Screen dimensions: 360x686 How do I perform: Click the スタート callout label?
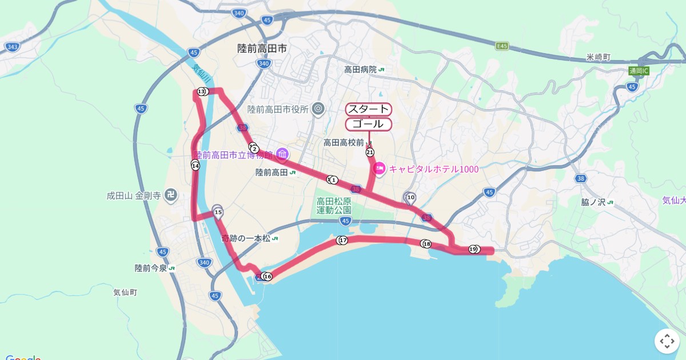[x=369, y=109]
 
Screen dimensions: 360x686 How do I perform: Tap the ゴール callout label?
[x=369, y=124]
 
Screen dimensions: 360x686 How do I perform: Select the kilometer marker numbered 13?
[x=201, y=91]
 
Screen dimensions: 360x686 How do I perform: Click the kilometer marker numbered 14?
[x=196, y=166]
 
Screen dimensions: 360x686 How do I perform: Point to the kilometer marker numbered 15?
[x=218, y=212]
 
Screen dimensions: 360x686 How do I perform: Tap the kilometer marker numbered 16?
[x=268, y=277]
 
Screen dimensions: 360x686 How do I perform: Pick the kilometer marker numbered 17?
[x=342, y=240]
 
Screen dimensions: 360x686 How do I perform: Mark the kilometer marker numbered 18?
[x=426, y=244]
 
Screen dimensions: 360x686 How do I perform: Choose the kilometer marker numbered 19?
[x=473, y=249]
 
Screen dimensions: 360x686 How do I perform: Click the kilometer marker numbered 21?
[x=370, y=152]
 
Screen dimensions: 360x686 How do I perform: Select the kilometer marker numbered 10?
[x=410, y=198]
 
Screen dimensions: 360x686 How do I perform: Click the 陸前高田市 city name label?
[x=262, y=49]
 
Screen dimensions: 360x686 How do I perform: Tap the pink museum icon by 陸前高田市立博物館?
[x=282, y=154]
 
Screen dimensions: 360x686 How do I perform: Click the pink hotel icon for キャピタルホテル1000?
[x=378, y=169]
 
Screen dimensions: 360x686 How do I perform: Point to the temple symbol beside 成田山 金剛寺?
[x=170, y=195]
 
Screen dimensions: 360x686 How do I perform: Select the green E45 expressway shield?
[x=502, y=46]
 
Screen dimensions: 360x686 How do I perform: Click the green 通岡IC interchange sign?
[x=639, y=71]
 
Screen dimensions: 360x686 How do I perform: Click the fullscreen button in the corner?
[x=667, y=341]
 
